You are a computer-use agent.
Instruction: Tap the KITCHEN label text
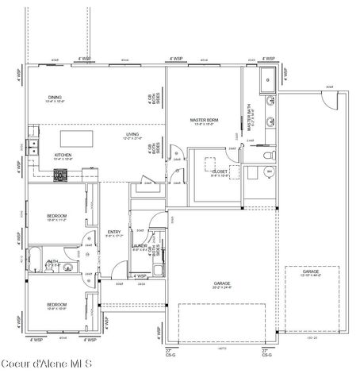[63, 156]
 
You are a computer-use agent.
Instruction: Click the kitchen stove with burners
[59, 175]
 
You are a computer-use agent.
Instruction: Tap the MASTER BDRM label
[204, 121]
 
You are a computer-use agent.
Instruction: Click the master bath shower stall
[269, 79]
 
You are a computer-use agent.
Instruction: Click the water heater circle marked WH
[270, 171]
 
